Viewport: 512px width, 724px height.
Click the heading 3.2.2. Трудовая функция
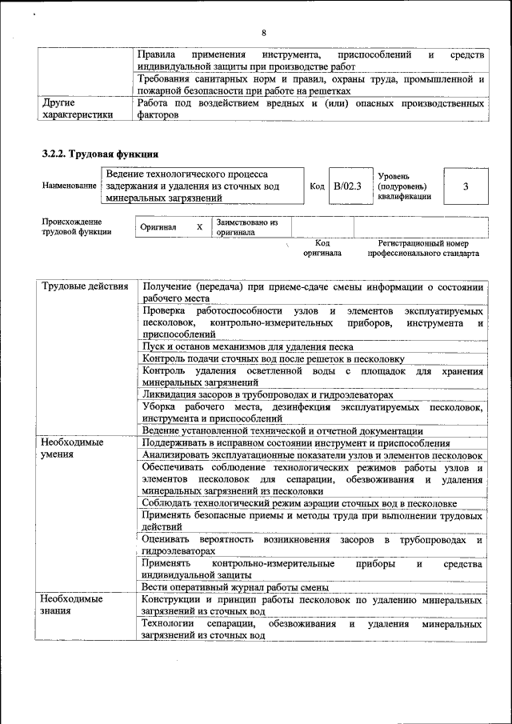pyautogui.click(x=100, y=152)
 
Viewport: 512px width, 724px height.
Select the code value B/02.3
pyautogui.click(x=348, y=186)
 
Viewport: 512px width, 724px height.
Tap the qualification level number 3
pyautogui.click(x=465, y=186)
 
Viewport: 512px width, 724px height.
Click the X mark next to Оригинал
pyautogui.click(x=199, y=226)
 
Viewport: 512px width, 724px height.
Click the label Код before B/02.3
pyautogui.click(x=317, y=186)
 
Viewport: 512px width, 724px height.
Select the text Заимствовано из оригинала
pyautogui.click(x=246, y=227)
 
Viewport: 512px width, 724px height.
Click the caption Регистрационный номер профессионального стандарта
pyautogui.click(x=423, y=248)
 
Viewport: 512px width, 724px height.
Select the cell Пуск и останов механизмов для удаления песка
pyautogui.click(x=247, y=347)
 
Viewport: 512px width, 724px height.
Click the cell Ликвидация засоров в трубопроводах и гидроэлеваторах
pyautogui.click(x=268, y=394)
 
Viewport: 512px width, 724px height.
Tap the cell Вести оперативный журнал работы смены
pyautogui.click(x=231, y=587)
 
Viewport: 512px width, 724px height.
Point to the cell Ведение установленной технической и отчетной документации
pyautogui.click(x=282, y=430)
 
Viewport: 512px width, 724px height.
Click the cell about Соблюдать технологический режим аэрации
pyautogui.click(x=299, y=503)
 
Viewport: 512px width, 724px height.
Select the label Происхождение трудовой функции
pyautogui.click(x=76, y=226)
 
